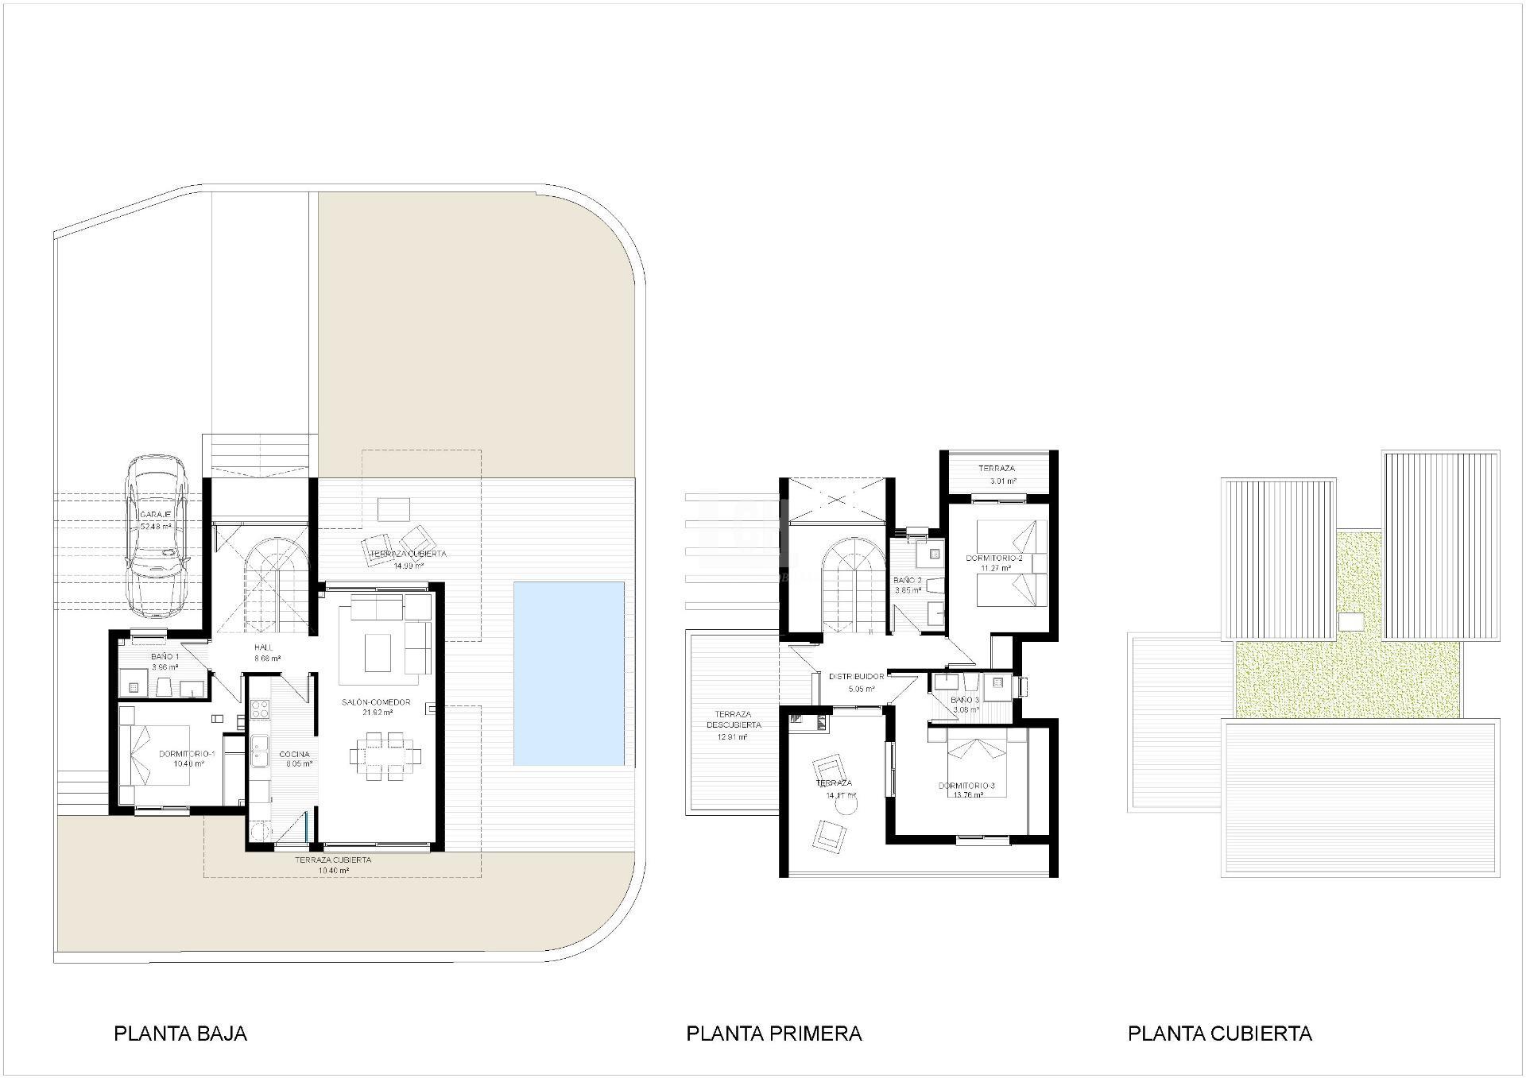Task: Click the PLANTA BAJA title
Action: pyautogui.click(x=180, y=1034)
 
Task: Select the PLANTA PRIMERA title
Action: pyautogui.click(x=773, y=1034)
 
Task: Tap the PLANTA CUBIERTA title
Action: pyautogui.click(x=1219, y=1034)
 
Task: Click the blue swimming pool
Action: pyautogui.click(x=568, y=673)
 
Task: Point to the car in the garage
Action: pyautogui.click(x=157, y=538)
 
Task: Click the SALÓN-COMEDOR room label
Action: pyautogui.click(x=376, y=702)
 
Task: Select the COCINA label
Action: pyautogui.click(x=294, y=755)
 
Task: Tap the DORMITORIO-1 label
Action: pyautogui.click(x=187, y=754)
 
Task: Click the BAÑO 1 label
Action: pyautogui.click(x=165, y=657)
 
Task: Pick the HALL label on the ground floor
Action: pyautogui.click(x=263, y=647)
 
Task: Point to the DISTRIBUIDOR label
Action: pyautogui.click(x=856, y=677)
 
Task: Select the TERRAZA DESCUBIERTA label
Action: pyautogui.click(x=733, y=720)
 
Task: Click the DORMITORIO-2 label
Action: pyautogui.click(x=993, y=558)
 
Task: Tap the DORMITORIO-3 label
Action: pyautogui.click(x=966, y=786)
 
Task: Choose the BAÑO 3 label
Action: pyautogui.click(x=965, y=700)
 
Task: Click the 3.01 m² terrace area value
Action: pyautogui.click(x=1002, y=481)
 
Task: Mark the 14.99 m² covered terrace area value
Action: pyautogui.click(x=409, y=566)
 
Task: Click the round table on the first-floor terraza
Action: pyautogui.click(x=847, y=806)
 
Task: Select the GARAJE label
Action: pyautogui.click(x=156, y=516)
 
